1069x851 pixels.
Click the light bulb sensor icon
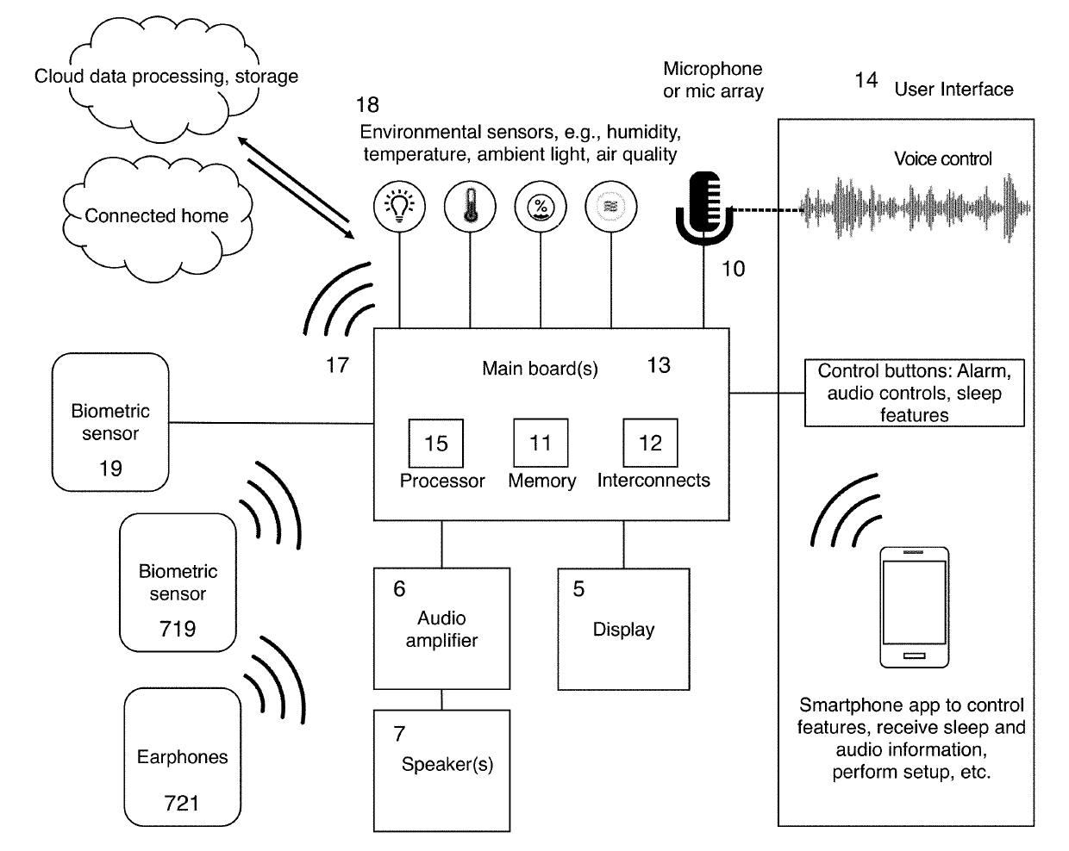click(x=399, y=207)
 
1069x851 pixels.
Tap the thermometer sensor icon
click(x=470, y=207)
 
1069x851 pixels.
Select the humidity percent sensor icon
click(x=541, y=207)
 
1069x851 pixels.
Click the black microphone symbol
click(x=703, y=208)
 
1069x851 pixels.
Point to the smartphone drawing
click(x=914, y=607)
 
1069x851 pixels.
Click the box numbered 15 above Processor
click(x=435, y=443)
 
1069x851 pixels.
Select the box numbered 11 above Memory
click(x=541, y=443)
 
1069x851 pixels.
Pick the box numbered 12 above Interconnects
click(x=650, y=443)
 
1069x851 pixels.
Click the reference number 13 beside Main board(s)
click(x=659, y=365)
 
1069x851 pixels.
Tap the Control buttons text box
click(x=914, y=393)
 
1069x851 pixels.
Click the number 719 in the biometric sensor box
click(x=178, y=629)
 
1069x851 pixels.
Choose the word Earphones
click(x=182, y=756)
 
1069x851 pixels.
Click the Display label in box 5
click(x=623, y=630)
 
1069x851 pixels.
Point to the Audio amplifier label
click(x=441, y=630)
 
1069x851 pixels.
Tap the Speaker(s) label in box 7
click(x=447, y=764)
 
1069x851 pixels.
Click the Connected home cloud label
click(x=157, y=216)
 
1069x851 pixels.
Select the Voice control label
click(x=943, y=158)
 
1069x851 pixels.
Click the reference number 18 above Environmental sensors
click(x=367, y=105)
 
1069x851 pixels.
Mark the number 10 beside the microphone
click(x=733, y=269)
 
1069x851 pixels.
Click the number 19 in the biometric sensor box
click(x=110, y=469)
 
